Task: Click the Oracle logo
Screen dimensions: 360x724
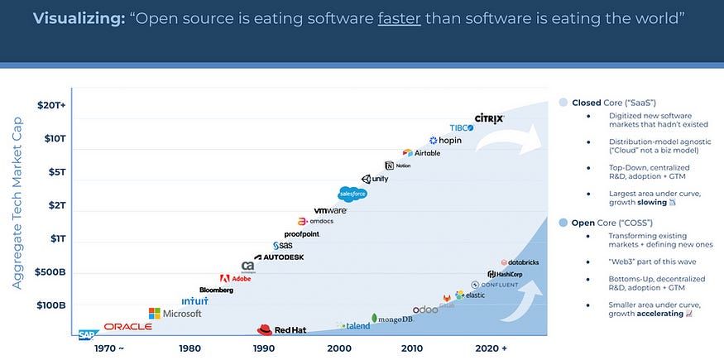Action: [x=127, y=327]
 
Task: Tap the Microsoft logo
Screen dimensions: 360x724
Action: [x=175, y=314]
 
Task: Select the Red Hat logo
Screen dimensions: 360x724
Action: [x=282, y=329]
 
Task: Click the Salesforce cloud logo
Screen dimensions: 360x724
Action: [x=352, y=194]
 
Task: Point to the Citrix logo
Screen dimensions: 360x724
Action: [x=489, y=119]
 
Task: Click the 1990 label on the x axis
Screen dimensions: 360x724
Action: [x=265, y=348]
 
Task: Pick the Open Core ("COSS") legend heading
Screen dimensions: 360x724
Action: [x=611, y=222]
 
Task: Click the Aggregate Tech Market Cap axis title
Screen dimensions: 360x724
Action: [x=17, y=202]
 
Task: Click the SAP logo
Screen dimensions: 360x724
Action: [x=88, y=334]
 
